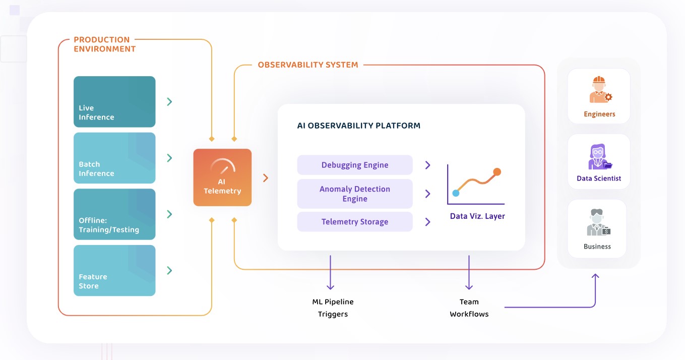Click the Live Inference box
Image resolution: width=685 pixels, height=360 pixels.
coord(114,102)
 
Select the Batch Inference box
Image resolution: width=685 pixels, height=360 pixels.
coord(114,158)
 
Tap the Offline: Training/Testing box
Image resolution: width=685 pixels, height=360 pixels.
coord(114,214)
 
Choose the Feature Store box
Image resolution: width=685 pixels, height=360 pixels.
coord(114,270)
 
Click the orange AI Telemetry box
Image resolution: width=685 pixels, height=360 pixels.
coord(222,177)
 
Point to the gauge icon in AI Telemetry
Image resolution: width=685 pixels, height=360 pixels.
coord(222,167)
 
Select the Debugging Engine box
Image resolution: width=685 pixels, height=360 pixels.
coord(355,165)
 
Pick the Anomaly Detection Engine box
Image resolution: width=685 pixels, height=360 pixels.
coord(355,194)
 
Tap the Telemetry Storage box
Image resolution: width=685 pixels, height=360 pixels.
coord(355,222)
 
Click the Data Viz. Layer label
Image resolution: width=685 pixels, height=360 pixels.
coord(477,216)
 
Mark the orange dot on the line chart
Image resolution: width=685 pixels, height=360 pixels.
coord(497,172)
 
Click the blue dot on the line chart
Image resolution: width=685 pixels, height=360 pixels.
coord(456,193)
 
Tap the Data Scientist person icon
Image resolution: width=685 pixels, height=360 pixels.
coord(599,157)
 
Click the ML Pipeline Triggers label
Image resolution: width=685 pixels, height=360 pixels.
coord(333,308)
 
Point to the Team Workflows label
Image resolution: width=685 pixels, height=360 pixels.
coord(469,308)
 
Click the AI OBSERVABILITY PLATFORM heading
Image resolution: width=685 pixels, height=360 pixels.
coord(359,126)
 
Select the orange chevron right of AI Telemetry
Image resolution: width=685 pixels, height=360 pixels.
coord(266,177)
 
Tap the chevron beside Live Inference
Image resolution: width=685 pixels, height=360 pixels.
coord(170,102)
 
